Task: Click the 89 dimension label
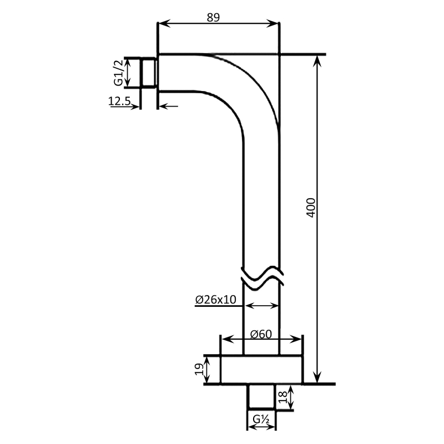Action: pos(214,17)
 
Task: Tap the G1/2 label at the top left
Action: pos(118,73)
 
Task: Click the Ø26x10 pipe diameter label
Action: pos(216,299)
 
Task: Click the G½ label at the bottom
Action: pos(261,419)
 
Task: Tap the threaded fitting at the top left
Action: pos(148,72)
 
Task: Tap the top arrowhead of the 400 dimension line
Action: pos(317,60)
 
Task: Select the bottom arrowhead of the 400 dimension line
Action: pos(317,379)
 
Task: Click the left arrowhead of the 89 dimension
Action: pos(163,24)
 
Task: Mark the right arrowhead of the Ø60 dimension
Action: pos(299,339)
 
